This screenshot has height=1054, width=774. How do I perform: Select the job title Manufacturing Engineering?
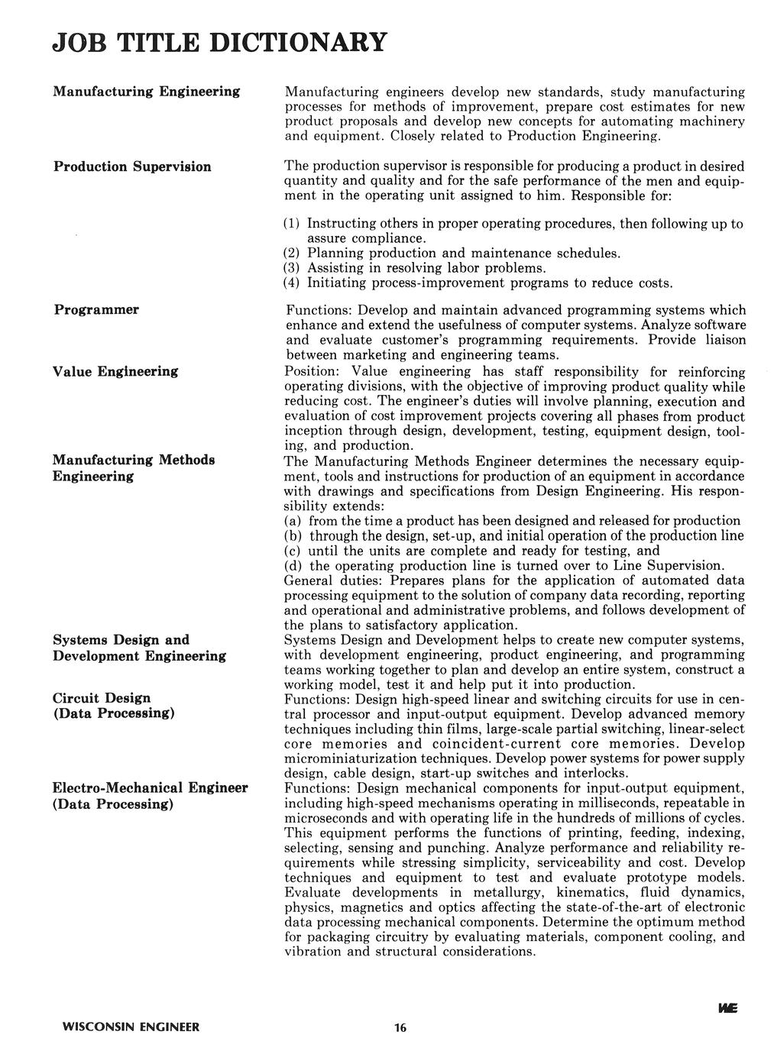pyautogui.click(x=146, y=92)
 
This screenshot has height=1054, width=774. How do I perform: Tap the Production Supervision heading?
pyautogui.click(x=132, y=167)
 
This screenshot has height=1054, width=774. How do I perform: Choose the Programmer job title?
pyautogui.click(x=96, y=309)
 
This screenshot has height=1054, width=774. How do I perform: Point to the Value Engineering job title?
pyautogui.click(x=115, y=371)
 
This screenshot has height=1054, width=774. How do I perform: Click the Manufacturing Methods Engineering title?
pyautogui.click(x=134, y=468)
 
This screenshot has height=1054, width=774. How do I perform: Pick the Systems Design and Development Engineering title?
pyautogui.click(x=139, y=648)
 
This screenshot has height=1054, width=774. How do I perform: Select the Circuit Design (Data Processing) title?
pyautogui.click(x=114, y=705)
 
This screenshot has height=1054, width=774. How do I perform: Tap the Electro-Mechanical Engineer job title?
pyautogui.click(x=151, y=796)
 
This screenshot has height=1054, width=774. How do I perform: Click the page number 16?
pyautogui.click(x=401, y=1028)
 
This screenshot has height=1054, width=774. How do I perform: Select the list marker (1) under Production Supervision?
pyautogui.click(x=292, y=225)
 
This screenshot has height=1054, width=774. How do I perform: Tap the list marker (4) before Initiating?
pyautogui.click(x=292, y=283)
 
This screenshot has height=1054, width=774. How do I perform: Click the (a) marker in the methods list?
pyautogui.click(x=293, y=521)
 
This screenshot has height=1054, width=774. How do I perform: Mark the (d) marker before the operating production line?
pyautogui.click(x=293, y=566)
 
